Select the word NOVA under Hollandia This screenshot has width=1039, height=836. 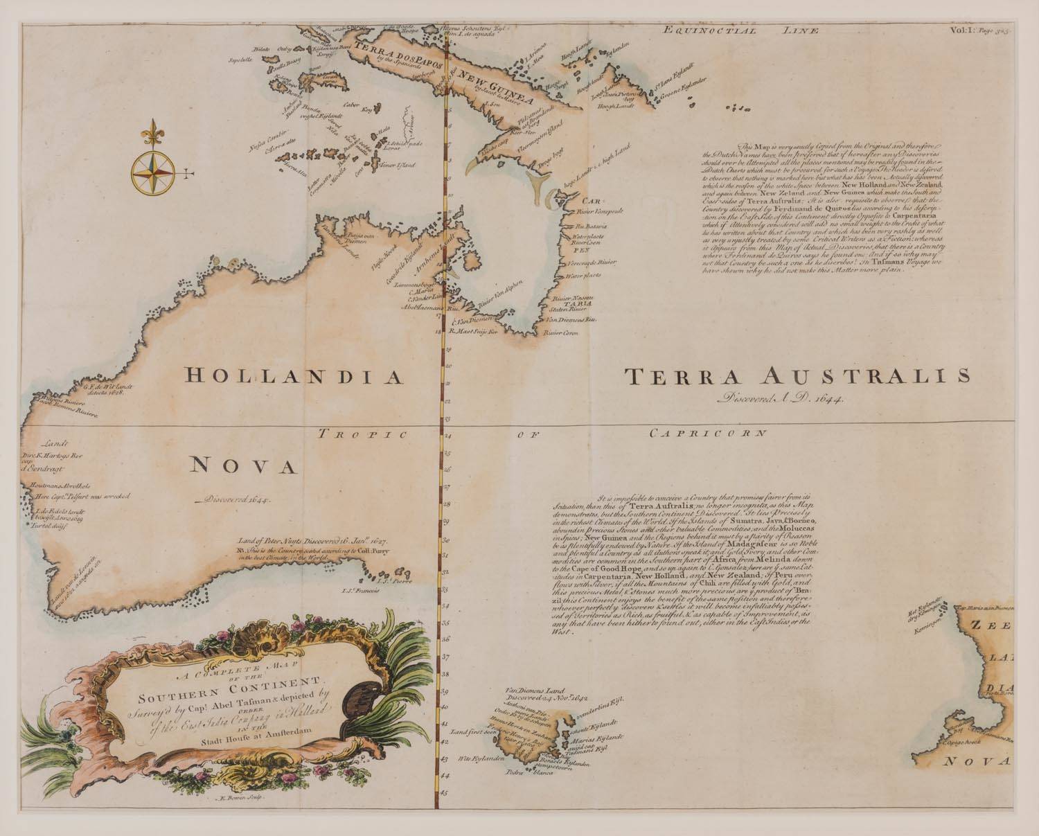pos(243,466)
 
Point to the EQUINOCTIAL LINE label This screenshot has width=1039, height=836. pos(740,30)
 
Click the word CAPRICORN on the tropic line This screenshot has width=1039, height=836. pos(708,434)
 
